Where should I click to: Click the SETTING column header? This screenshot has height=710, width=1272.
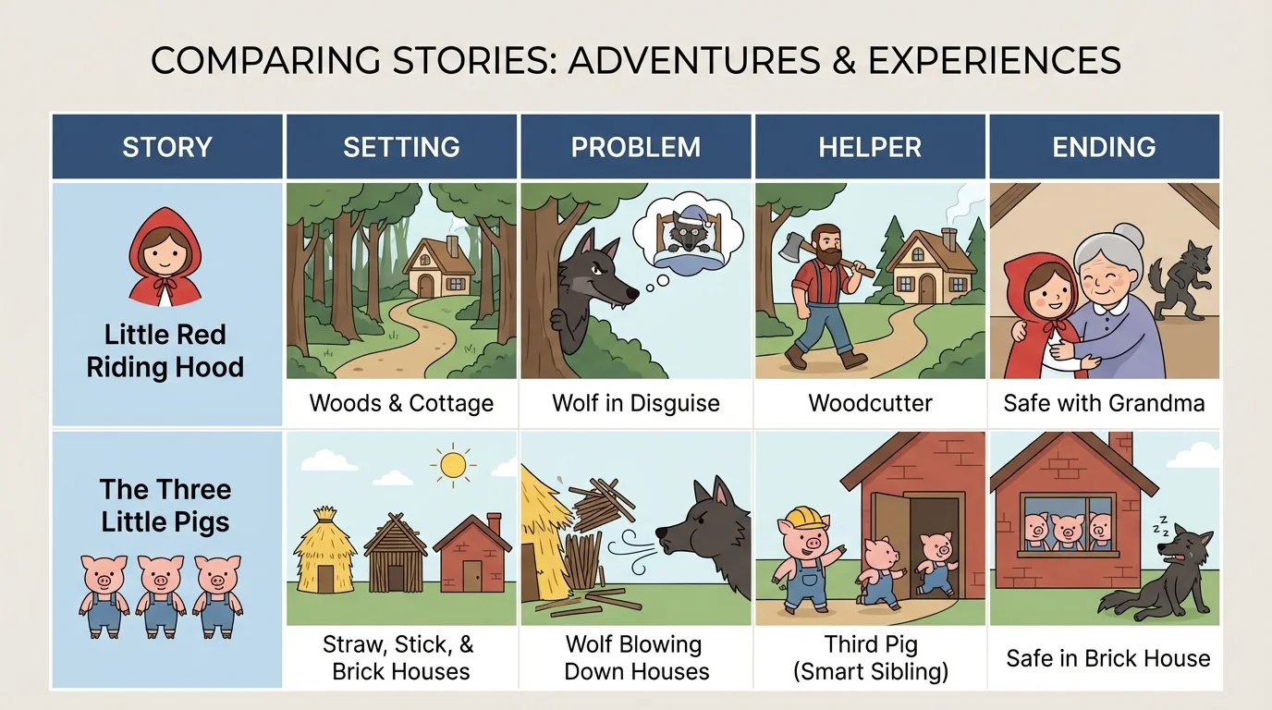pos(401,147)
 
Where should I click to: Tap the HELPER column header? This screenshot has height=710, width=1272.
pos(870,147)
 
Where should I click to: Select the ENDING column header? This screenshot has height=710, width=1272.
pos(1104,147)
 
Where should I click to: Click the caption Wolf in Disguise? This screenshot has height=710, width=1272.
pos(636,403)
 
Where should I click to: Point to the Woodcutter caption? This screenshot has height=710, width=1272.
pos(870,403)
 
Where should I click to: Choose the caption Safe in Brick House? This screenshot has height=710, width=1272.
pos(1107,658)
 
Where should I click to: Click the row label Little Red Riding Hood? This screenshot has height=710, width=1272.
pos(165,350)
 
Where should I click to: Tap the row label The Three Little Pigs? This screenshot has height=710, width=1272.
pos(165,505)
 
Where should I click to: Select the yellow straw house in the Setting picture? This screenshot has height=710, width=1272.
pos(324,551)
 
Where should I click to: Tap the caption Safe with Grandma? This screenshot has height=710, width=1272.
pos(1104,403)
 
